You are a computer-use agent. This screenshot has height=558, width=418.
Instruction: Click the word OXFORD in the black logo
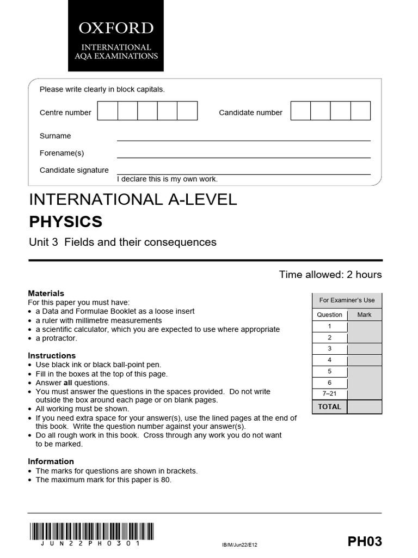(x=115, y=28)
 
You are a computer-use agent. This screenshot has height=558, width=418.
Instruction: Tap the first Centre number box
(x=108, y=111)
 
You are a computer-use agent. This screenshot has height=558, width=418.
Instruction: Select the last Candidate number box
(x=360, y=111)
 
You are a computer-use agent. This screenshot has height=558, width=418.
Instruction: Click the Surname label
(x=55, y=136)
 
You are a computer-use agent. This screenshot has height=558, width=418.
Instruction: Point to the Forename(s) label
(x=62, y=153)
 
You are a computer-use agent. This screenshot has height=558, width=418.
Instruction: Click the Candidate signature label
(x=74, y=170)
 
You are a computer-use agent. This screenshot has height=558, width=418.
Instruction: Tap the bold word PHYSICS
(x=65, y=222)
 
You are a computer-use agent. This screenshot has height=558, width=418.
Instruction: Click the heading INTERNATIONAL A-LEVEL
(x=133, y=199)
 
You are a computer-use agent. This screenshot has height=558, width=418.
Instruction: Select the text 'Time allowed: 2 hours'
(x=330, y=274)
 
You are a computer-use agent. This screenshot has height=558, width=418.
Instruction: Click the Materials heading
(x=46, y=293)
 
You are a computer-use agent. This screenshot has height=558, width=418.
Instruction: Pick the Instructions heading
(x=52, y=355)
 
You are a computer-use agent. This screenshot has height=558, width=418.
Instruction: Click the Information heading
(x=51, y=462)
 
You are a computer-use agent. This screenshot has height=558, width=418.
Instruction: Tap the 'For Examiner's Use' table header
(x=347, y=300)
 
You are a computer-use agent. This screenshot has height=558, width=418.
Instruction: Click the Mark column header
(x=364, y=314)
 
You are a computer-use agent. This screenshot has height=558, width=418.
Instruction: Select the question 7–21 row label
(x=329, y=394)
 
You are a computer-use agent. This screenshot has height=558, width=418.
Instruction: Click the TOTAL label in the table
(x=329, y=407)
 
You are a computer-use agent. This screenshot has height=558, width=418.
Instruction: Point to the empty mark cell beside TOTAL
(x=364, y=407)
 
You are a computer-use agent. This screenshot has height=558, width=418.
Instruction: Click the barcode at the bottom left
(x=91, y=531)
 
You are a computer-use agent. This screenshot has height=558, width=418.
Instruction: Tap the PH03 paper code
(x=365, y=541)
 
